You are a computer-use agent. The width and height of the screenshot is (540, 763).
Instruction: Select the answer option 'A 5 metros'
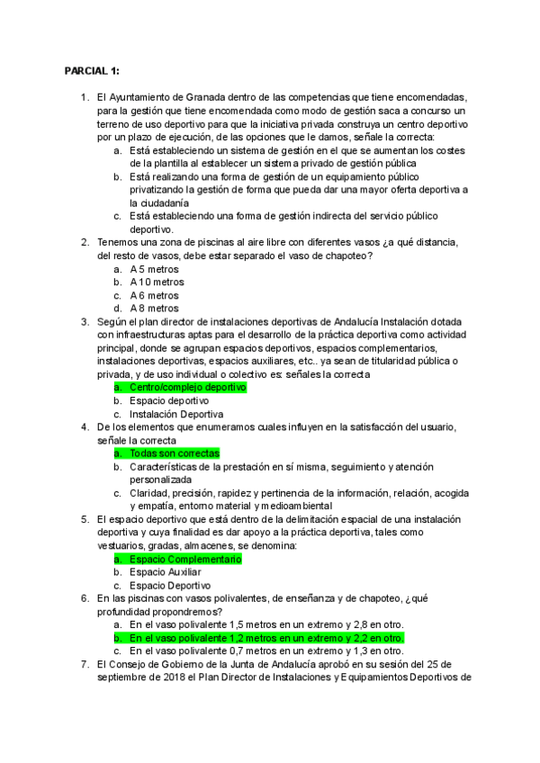click(x=154, y=269)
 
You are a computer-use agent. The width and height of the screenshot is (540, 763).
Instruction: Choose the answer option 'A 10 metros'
click(x=157, y=283)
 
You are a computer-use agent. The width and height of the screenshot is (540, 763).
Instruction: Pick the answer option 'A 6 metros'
click(x=154, y=295)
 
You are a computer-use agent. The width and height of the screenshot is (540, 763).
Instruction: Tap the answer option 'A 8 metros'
click(x=154, y=309)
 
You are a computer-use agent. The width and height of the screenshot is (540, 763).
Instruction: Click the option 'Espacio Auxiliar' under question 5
click(x=166, y=572)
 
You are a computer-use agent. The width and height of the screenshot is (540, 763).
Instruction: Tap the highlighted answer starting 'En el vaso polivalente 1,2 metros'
click(x=266, y=637)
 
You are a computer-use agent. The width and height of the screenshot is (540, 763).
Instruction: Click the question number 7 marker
click(x=85, y=664)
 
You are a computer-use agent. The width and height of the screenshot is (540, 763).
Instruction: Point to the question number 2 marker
click(x=85, y=243)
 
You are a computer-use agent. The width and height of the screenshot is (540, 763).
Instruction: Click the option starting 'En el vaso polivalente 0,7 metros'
click(x=266, y=651)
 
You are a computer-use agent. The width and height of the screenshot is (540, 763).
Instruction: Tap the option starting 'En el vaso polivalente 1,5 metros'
click(x=266, y=624)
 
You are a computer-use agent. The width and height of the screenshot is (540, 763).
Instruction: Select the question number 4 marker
click(x=85, y=426)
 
